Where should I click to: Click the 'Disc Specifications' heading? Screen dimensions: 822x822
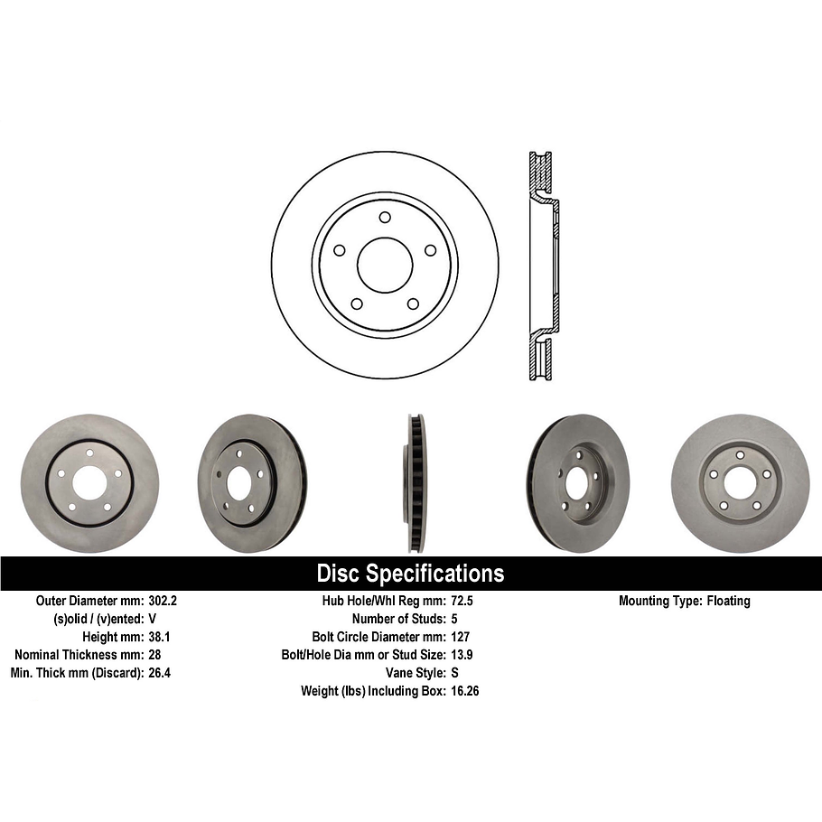[x=410, y=574]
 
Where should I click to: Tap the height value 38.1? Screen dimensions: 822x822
[x=159, y=637]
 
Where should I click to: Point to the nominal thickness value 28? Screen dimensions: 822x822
[x=154, y=655]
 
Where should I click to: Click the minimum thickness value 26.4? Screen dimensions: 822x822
[x=159, y=673]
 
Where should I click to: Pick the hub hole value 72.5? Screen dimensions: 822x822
[x=461, y=601]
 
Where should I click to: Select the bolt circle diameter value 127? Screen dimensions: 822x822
[x=458, y=637]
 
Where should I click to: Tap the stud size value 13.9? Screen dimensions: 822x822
[x=461, y=655]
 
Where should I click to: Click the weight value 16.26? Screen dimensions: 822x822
[x=464, y=691]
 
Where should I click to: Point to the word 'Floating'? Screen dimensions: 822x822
[x=727, y=601]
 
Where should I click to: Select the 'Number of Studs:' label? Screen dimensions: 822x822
[x=397, y=619]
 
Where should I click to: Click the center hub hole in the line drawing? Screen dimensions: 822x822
[x=385, y=264]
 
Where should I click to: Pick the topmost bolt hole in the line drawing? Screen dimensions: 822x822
[x=385, y=218]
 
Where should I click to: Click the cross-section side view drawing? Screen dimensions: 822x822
[x=542, y=264]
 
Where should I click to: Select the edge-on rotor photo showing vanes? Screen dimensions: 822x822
[x=416, y=482]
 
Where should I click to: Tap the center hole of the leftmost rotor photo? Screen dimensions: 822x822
[x=89, y=483]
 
